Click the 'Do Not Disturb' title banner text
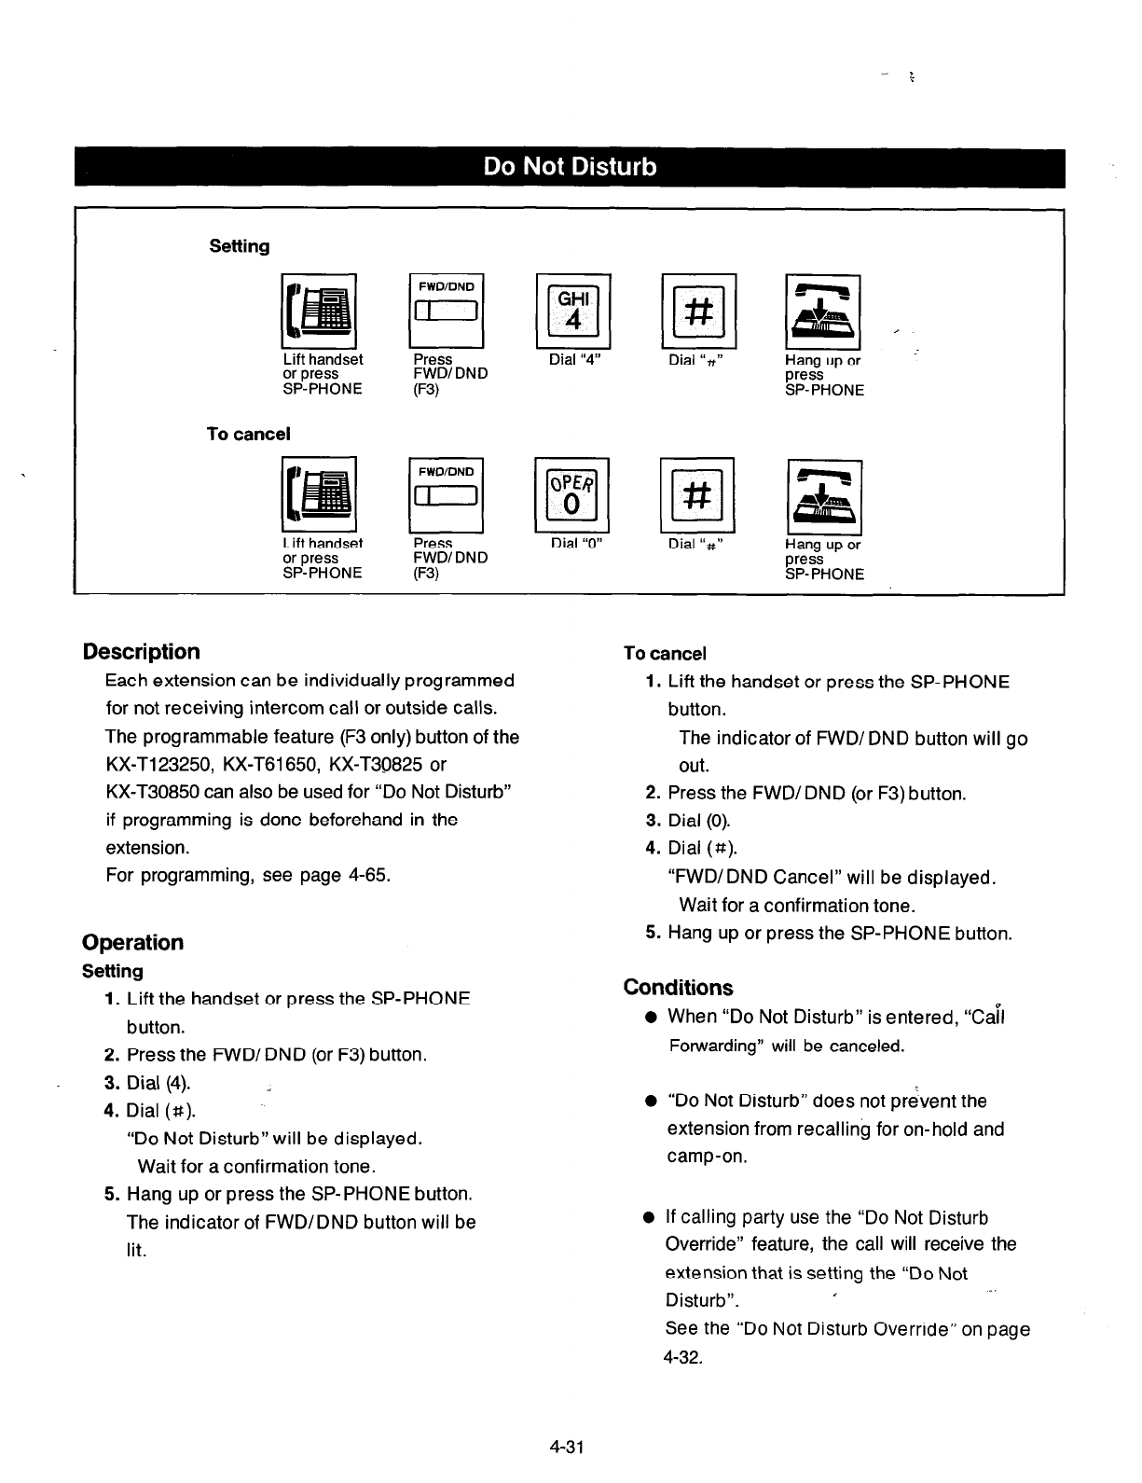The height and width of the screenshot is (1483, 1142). [570, 167]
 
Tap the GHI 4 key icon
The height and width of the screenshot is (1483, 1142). [572, 311]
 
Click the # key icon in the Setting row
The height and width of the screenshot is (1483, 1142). [698, 311]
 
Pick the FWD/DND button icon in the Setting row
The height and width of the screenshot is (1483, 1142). [447, 311]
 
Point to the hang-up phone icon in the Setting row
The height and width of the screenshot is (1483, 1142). [823, 312]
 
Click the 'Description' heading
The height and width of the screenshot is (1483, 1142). [141, 652]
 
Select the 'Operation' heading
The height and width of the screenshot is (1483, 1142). [132, 942]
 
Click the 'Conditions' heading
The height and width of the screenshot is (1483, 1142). [678, 987]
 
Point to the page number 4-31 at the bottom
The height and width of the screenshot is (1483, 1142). [566, 1447]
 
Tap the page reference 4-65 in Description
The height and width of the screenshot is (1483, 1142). [365, 876]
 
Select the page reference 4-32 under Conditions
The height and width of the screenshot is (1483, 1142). [682, 1357]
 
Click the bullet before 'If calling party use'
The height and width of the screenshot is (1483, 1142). [646, 1218]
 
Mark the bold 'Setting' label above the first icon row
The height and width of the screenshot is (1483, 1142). [240, 246]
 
